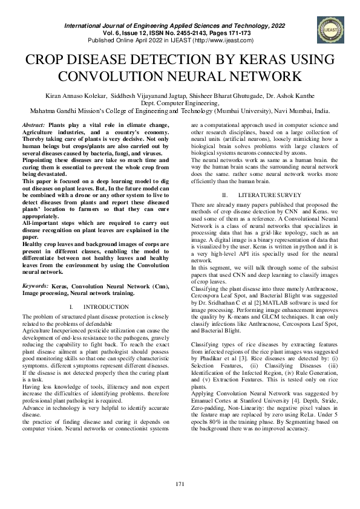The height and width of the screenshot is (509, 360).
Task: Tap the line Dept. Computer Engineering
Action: [180, 103]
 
